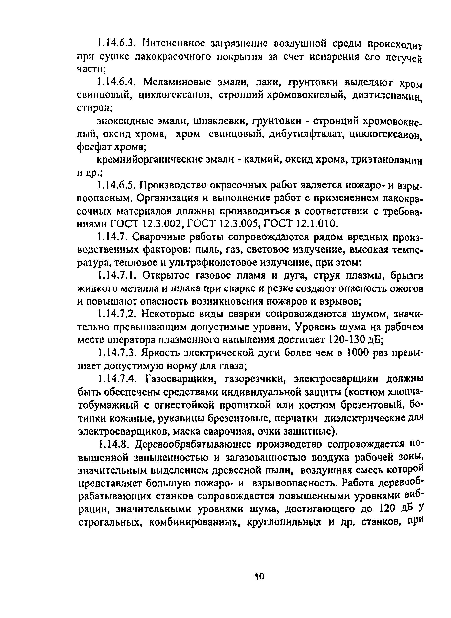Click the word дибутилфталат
tap(306, 134)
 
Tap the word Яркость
tap(160, 353)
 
